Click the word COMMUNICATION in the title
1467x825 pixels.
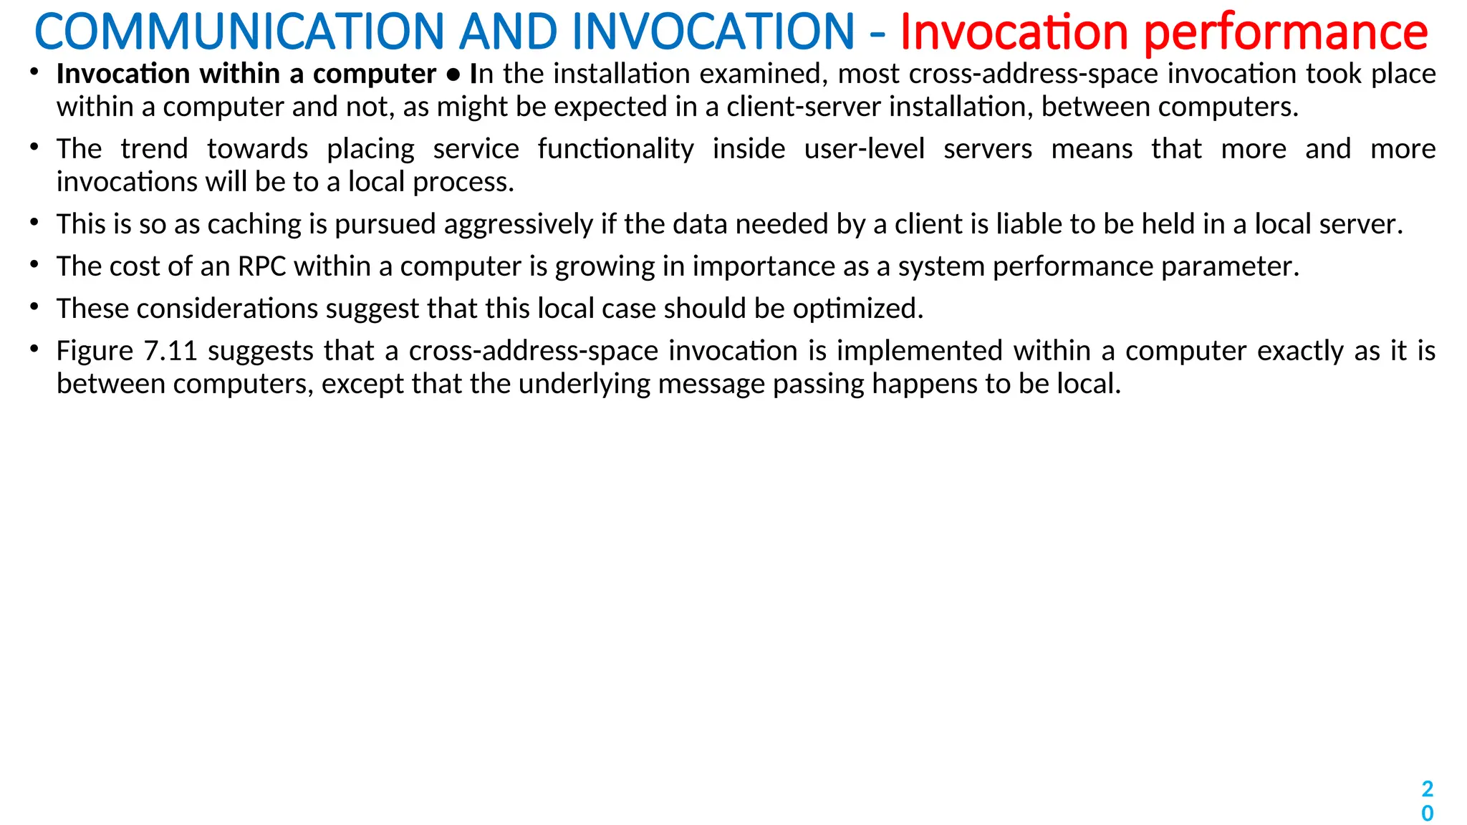239,32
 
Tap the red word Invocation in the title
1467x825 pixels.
1014,32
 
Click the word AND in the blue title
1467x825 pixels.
509,32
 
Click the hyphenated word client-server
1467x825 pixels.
804,107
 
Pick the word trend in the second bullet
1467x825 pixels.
154,149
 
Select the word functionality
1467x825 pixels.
615,149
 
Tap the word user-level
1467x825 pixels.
864,149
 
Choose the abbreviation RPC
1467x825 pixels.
261,266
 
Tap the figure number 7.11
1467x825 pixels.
170,351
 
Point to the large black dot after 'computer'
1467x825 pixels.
453,74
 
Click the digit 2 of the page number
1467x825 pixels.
1427,789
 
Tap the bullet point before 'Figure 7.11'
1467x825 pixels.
34,349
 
